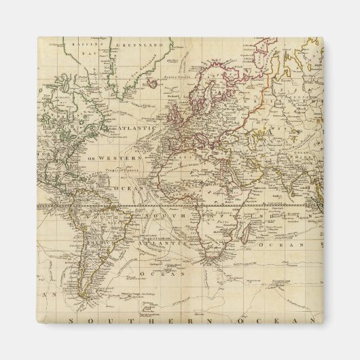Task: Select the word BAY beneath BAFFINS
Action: click(84, 52)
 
